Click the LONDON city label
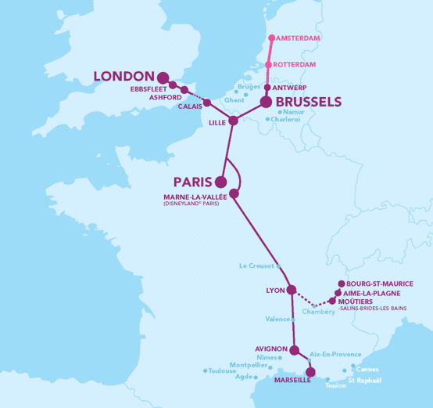click(x=123, y=76)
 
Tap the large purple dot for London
click(x=163, y=78)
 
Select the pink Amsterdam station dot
click(x=271, y=38)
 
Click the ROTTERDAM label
click(x=298, y=64)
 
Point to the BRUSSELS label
click(x=309, y=102)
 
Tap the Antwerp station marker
click(x=267, y=88)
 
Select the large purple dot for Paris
click(x=221, y=182)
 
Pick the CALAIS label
click(x=189, y=106)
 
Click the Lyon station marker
click(x=292, y=291)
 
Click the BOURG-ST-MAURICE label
click(x=380, y=283)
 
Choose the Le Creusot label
click(x=256, y=266)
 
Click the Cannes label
click(x=367, y=369)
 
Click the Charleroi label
click(x=287, y=120)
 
